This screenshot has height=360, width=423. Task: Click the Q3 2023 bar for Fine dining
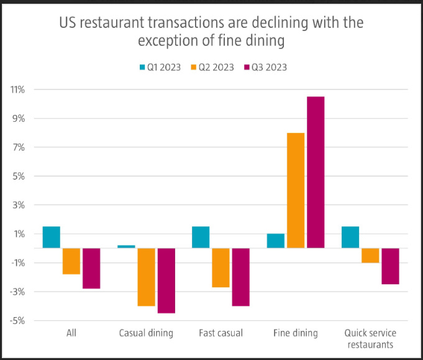tap(315, 172)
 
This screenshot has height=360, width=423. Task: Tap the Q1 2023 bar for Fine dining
tap(276, 241)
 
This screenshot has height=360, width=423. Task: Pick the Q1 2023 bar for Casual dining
tap(126, 246)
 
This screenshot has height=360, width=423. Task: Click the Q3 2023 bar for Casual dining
tap(166, 280)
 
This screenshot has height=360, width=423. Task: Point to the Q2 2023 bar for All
tap(71, 261)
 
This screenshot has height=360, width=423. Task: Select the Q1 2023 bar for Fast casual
tap(201, 237)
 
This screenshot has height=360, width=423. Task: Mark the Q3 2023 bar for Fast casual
tap(240, 277)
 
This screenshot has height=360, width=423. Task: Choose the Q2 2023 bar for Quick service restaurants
tap(370, 256)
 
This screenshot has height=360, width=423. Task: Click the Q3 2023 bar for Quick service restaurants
tap(390, 266)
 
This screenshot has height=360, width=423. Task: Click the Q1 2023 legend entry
tap(159, 67)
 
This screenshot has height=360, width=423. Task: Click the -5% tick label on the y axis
tap(17, 321)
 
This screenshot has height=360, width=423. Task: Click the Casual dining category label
tap(146, 333)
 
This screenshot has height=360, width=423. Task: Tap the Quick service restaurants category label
tap(370, 339)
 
